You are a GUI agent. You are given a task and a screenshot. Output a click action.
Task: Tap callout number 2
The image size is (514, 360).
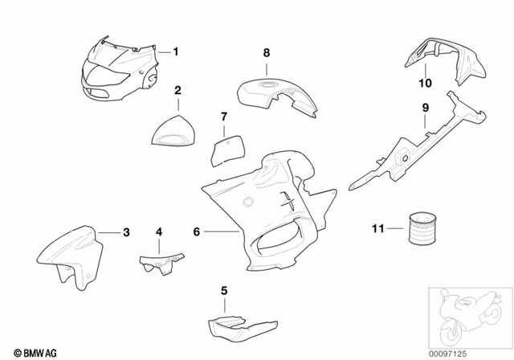[x=178, y=92]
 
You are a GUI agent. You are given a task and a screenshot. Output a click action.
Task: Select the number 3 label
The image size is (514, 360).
[x=126, y=233]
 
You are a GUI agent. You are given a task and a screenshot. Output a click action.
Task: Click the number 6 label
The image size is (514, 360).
[x=196, y=231]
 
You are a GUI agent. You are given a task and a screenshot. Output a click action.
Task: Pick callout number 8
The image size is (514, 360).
[x=267, y=53]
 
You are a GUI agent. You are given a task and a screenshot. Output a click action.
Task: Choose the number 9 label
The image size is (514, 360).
[x=426, y=106]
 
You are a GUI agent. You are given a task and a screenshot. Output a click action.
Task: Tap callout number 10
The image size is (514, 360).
[x=426, y=82]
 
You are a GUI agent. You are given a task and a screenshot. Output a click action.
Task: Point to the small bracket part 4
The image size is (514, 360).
[x=161, y=262]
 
